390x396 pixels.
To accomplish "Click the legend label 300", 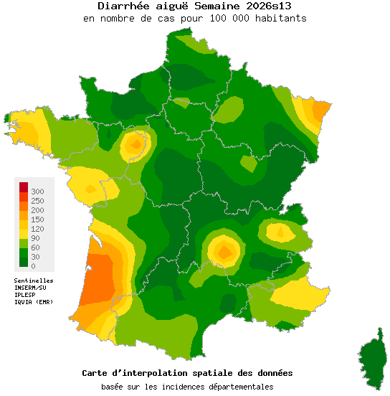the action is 38,192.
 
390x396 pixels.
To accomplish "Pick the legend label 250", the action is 38,201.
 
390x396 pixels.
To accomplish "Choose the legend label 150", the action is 38,220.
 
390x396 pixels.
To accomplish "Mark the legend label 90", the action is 36,238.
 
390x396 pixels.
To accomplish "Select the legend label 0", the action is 33,266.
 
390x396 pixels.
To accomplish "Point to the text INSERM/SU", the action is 30,288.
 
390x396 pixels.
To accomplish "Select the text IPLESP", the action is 25,295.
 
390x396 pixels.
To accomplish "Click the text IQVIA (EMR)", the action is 33,302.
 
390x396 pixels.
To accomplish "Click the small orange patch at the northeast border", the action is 322,109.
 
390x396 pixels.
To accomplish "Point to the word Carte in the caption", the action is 96,373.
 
